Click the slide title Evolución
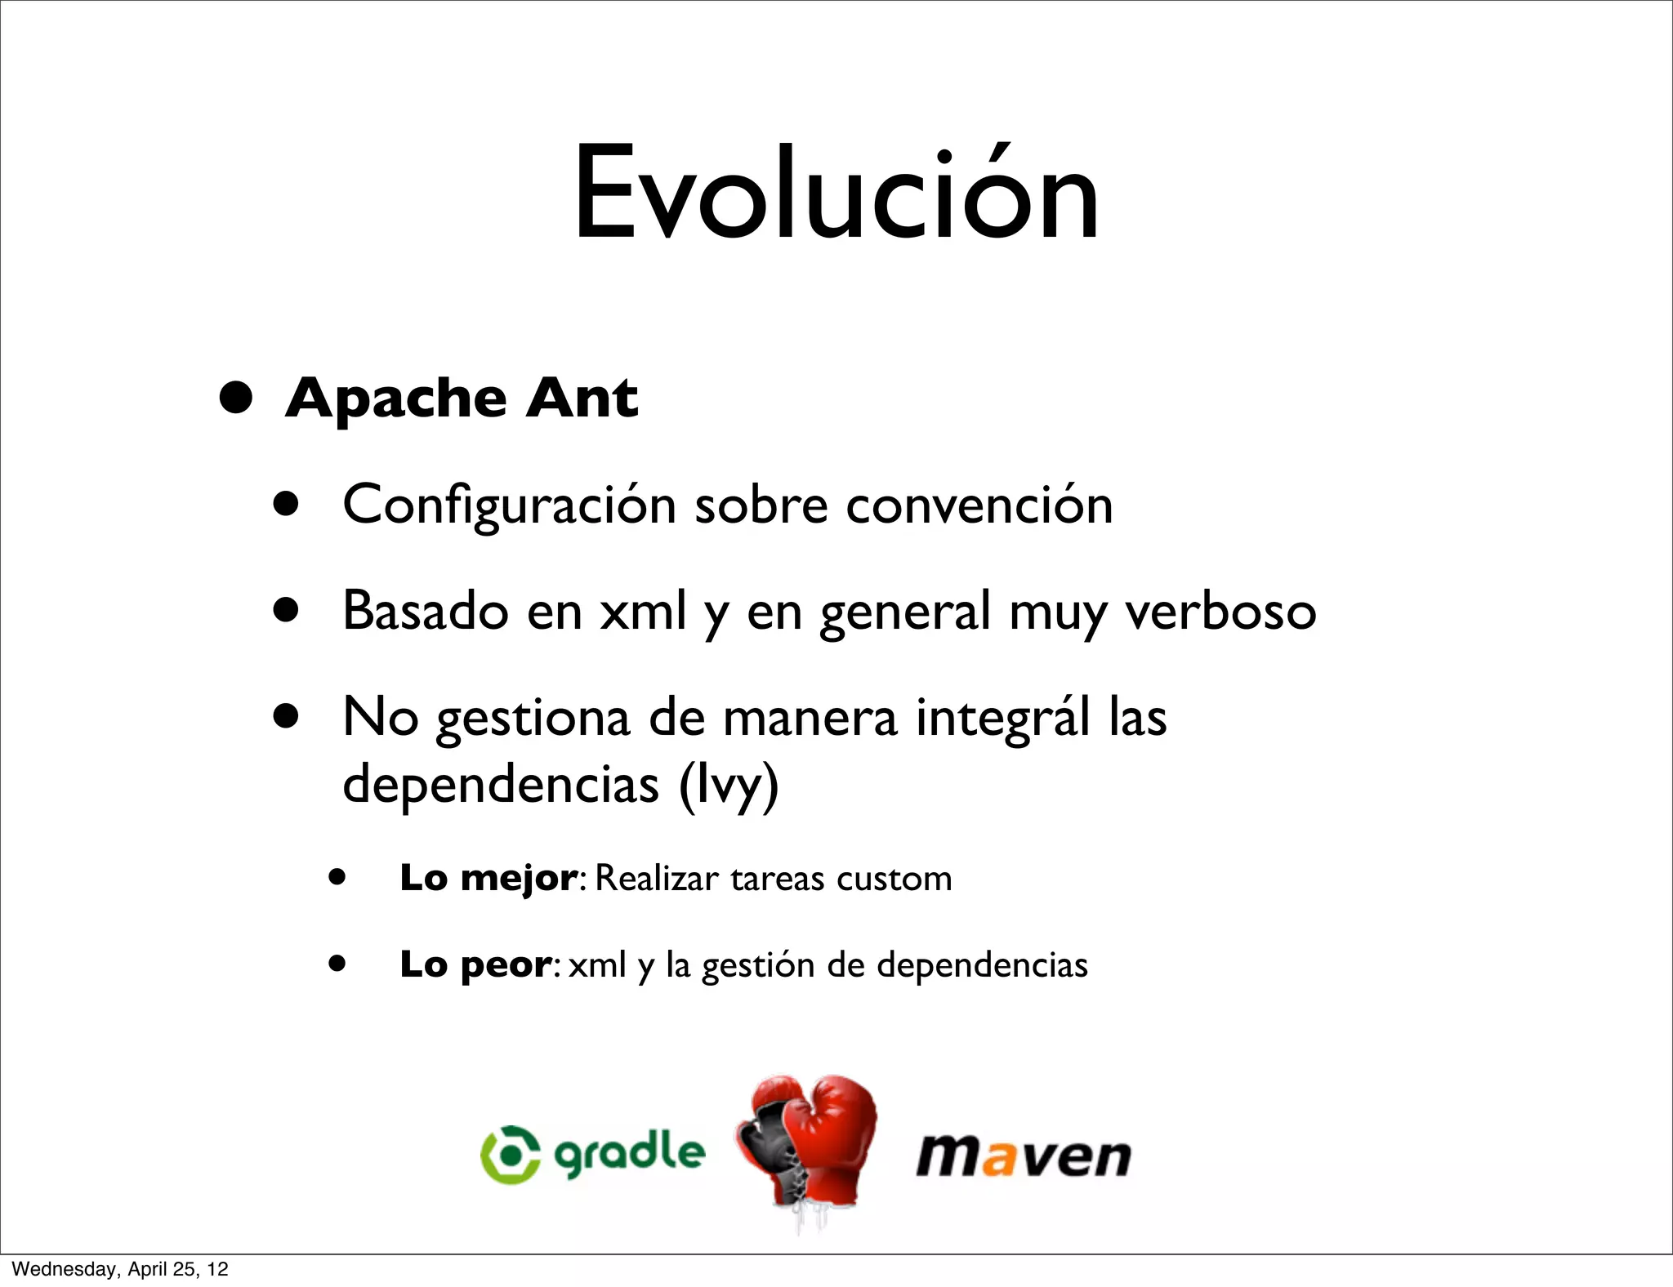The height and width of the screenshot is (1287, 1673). (836, 194)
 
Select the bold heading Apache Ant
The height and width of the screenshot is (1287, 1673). (462, 399)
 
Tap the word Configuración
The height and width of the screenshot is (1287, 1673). (509, 505)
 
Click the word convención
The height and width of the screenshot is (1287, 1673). (979, 505)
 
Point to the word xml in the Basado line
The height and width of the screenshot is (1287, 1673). (643, 611)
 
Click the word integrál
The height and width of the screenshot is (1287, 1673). (1002, 717)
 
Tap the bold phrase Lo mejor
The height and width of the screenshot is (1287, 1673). (489, 879)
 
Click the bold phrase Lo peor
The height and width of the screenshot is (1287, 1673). (475, 965)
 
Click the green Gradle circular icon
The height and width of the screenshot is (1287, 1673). (511, 1154)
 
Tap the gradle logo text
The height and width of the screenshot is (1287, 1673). (629, 1154)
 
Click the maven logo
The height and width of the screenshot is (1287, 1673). (1024, 1156)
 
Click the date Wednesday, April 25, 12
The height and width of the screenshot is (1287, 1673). (120, 1269)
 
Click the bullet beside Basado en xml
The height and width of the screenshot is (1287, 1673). (286, 610)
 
